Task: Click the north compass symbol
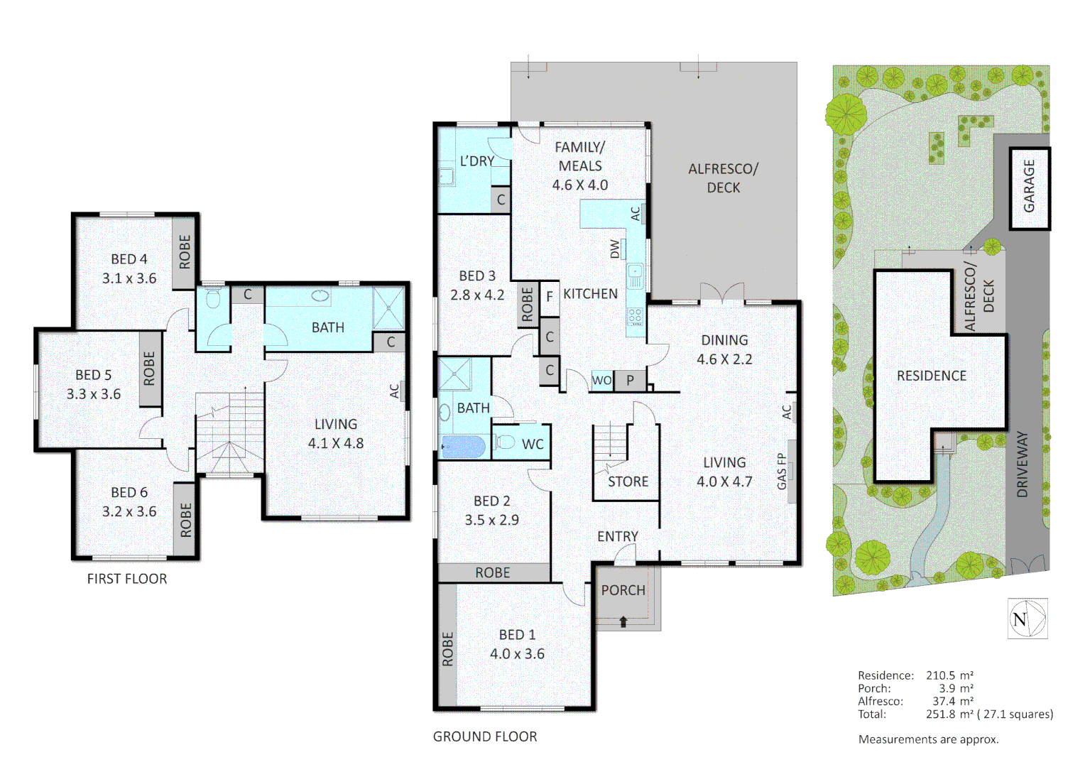pos(1027,619)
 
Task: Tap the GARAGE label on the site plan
pos(1029,186)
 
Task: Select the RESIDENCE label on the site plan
pos(931,376)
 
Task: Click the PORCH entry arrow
pos(623,622)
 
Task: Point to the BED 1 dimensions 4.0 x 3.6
pos(517,654)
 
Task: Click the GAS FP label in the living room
pos(782,472)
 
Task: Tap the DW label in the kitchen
pos(615,249)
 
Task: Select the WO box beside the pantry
pos(601,381)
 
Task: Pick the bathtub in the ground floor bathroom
pos(462,447)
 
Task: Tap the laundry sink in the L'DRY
pos(446,176)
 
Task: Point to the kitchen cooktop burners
pos(635,316)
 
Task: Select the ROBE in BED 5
pos(149,369)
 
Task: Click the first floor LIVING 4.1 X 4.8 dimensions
pos(336,444)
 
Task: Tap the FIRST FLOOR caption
pos(127,579)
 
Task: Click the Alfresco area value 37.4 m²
pos(953,701)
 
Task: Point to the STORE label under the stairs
pos(628,482)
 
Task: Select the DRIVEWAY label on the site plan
pos(1022,464)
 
